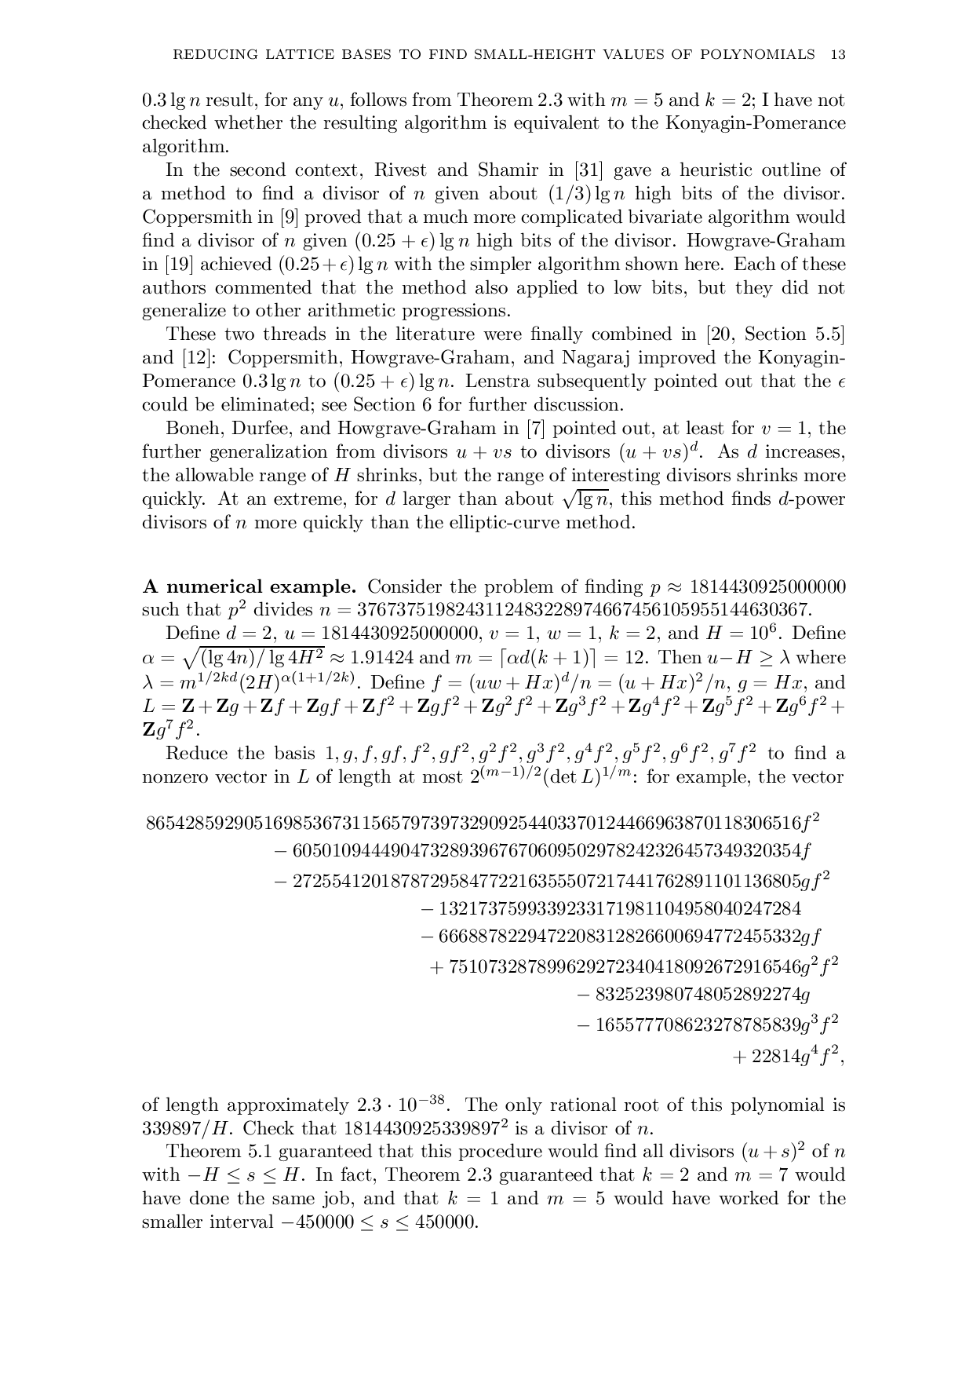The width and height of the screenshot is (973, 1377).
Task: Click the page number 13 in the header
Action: [x=837, y=54]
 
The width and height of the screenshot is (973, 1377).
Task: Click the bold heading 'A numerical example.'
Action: [x=250, y=586]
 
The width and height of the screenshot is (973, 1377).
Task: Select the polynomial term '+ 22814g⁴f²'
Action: [x=788, y=1057]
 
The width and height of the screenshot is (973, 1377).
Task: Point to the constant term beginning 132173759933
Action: [x=611, y=909]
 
